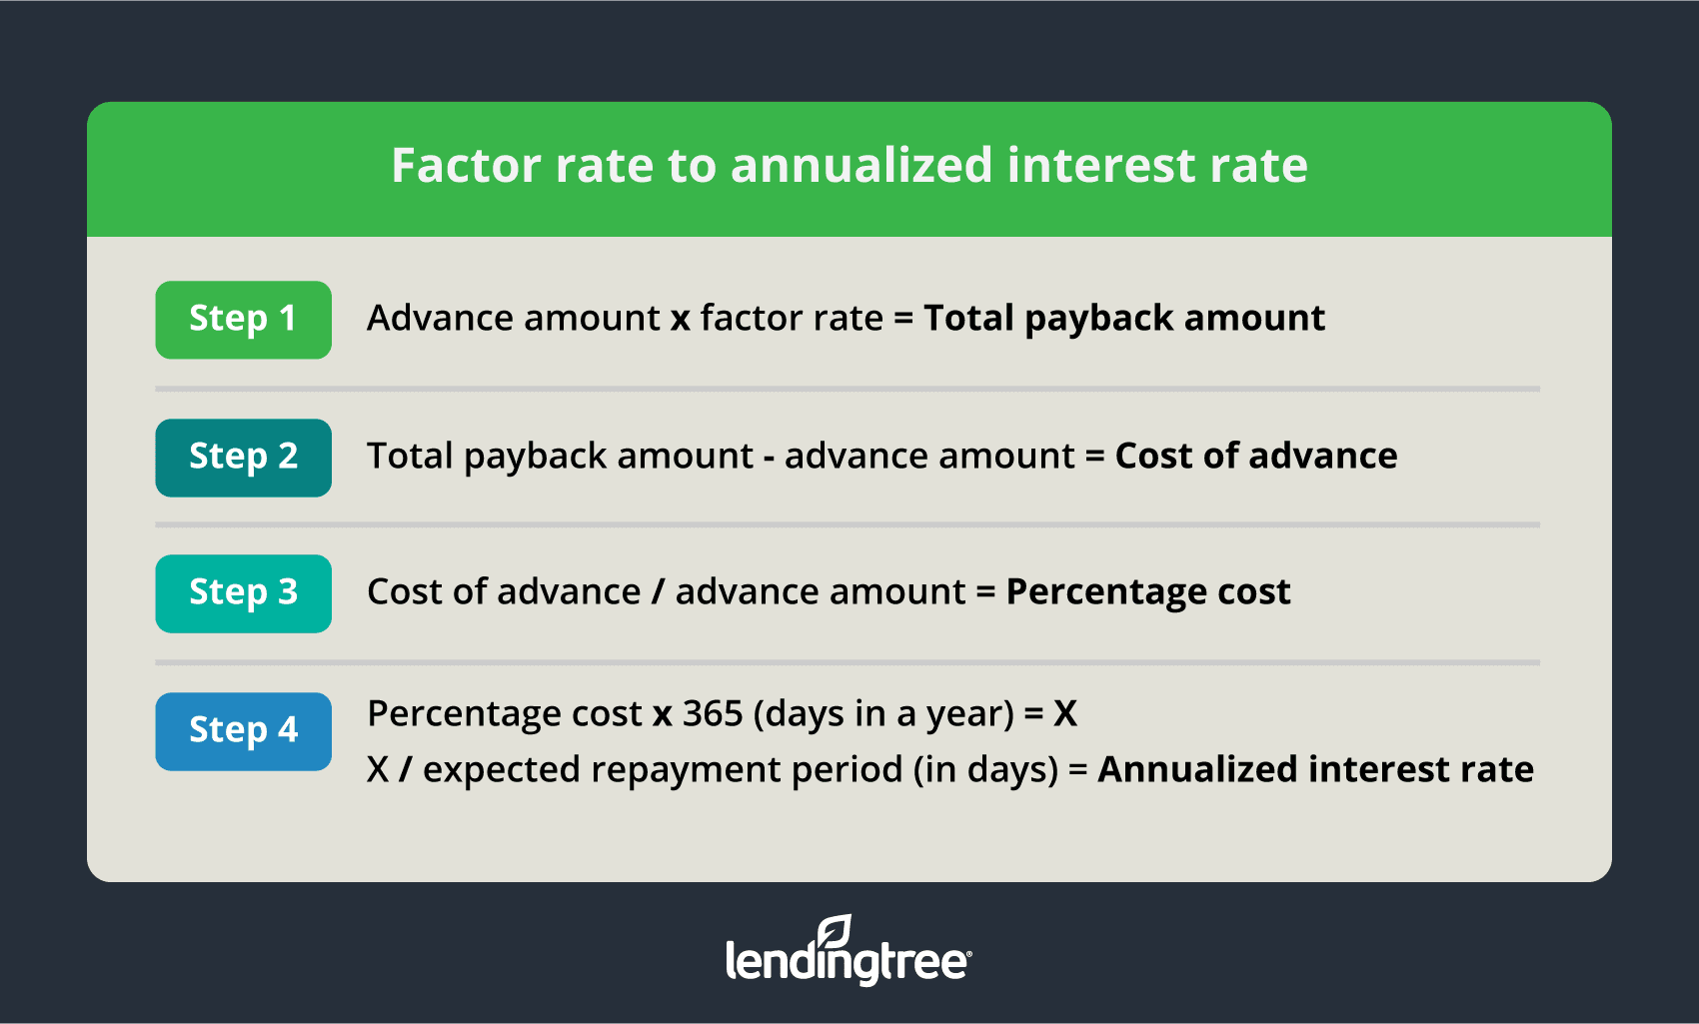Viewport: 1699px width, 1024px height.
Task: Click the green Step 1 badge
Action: tap(244, 320)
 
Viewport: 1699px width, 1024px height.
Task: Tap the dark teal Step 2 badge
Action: tap(244, 458)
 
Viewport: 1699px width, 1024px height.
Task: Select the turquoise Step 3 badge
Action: tap(244, 593)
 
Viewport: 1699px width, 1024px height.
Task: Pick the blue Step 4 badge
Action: tap(244, 731)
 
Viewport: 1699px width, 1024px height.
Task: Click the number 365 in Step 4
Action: tap(713, 713)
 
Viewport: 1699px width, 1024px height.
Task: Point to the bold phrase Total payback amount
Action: tap(1124, 319)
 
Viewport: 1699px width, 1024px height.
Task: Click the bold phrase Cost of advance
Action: tap(1256, 456)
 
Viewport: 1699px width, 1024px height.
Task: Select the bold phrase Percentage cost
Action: tap(1148, 592)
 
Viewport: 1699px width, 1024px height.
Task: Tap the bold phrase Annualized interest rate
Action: tap(1316, 769)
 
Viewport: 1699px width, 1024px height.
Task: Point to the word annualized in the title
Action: tap(861, 165)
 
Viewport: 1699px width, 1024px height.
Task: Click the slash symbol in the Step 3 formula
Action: tap(658, 591)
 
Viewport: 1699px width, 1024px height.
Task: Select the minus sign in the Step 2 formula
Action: tap(769, 458)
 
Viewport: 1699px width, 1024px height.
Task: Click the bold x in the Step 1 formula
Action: tap(681, 320)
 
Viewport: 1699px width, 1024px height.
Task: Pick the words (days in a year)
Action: tap(883, 714)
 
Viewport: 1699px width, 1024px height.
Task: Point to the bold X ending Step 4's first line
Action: tap(1065, 713)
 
